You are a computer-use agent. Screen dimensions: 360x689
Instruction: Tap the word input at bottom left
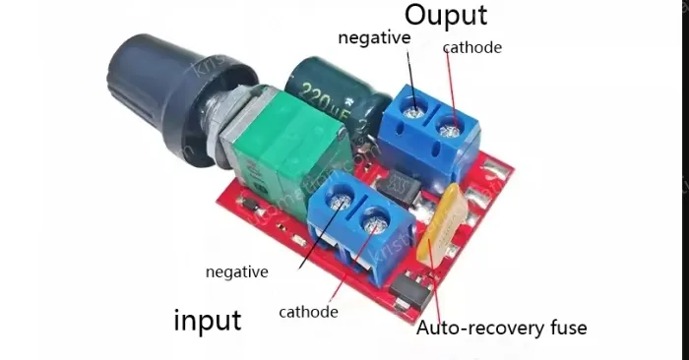(207, 320)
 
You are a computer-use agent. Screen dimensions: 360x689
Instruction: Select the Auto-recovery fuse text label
(501, 328)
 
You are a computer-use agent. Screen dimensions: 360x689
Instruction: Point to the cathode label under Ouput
(471, 47)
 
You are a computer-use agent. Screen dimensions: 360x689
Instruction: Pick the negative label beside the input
(236, 271)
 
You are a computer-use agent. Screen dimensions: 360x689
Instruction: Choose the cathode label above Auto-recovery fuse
(308, 312)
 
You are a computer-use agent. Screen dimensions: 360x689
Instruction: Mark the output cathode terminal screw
(452, 125)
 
